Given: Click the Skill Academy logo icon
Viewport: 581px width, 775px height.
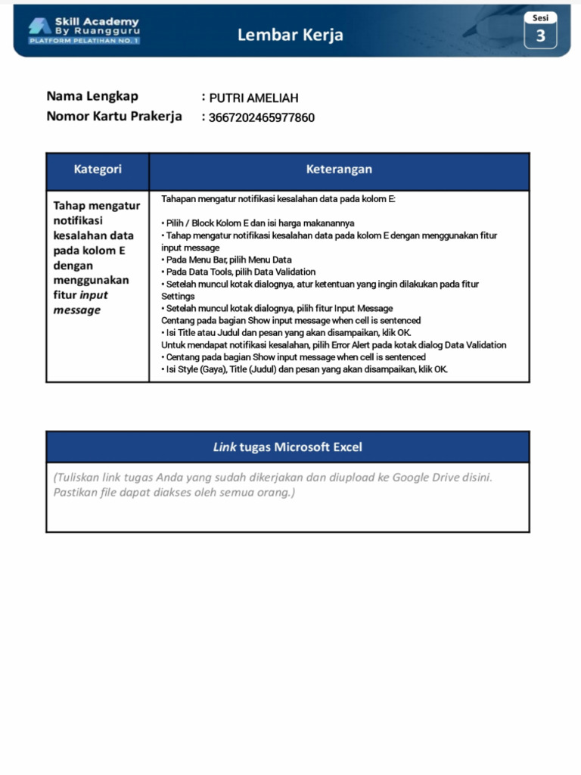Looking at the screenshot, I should pyautogui.click(x=39, y=26).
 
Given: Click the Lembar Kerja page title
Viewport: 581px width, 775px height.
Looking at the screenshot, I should pyautogui.click(x=290, y=35).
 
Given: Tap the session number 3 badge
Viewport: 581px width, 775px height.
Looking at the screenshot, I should pyautogui.click(x=540, y=36).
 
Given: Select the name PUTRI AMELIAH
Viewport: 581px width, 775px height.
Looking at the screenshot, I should pyautogui.click(x=254, y=98).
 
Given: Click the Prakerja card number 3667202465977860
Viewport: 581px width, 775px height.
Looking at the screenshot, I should pyautogui.click(x=262, y=117).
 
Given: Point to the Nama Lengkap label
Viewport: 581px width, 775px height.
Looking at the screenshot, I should pyautogui.click(x=92, y=96).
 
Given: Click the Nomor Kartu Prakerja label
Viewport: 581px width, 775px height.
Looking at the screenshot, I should pyautogui.click(x=114, y=117).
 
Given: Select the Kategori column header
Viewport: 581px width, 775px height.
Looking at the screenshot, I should pyautogui.click(x=98, y=170).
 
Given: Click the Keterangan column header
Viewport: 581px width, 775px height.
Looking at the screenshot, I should pyautogui.click(x=339, y=170).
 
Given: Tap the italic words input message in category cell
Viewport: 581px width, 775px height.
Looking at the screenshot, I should pyautogui.click(x=79, y=303).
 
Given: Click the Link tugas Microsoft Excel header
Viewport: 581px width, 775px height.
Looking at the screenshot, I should pyautogui.click(x=287, y=447).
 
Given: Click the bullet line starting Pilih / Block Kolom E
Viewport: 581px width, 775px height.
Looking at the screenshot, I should pyautogui.click(x=258, y=223).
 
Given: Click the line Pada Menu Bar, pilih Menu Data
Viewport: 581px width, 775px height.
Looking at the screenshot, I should pyautogui.click(x=226, y=260).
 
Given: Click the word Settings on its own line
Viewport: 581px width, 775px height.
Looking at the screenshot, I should pyautogui.click(x=179, y=296).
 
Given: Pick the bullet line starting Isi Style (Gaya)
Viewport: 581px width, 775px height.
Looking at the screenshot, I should pyautogui.click(x=304, y=369).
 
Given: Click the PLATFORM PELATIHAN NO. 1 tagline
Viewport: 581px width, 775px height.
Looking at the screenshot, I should pyautogui.click(x=84, y=41).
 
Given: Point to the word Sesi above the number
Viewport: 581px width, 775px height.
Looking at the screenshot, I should pyautogui.click(x=540, y=17).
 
